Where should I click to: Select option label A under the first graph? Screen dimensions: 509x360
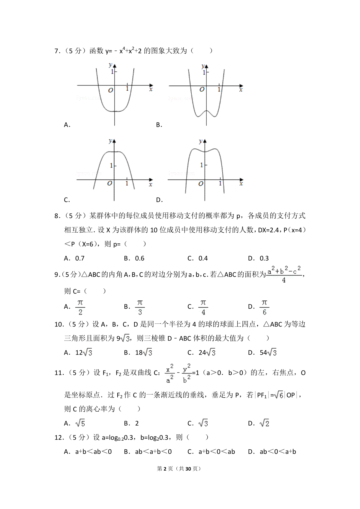[67, 125]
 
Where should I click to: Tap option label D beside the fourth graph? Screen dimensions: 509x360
[159, 200]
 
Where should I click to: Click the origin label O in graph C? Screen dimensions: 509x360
[110, 183]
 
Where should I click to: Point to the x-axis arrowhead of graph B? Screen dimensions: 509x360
[241, 86]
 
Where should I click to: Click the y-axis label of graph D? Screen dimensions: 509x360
[200, 141]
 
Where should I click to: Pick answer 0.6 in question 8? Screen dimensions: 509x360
[140, 258]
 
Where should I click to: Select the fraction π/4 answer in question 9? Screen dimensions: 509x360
[203, 307]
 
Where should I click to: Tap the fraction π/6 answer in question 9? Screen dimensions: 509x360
[264, 307]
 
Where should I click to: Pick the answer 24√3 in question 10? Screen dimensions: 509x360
[207, 353]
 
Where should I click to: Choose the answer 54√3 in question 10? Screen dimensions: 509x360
[268, 353]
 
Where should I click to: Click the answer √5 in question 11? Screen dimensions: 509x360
[80, 423]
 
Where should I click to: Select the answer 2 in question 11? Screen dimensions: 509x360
[137, 423]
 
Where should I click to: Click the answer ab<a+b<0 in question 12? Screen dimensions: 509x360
[153, 451]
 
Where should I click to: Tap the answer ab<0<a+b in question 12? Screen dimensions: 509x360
[278, 451]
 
